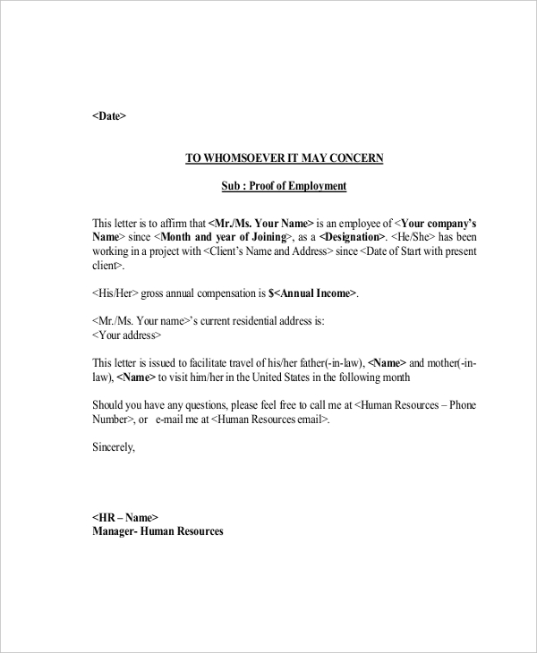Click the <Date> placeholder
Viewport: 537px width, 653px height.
109,116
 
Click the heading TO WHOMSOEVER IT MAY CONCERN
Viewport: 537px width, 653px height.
284,158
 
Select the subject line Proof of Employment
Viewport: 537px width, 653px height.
284,186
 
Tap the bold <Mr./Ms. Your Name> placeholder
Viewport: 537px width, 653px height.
260,223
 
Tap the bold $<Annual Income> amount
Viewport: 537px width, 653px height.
313,293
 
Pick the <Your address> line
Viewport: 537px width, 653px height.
127,335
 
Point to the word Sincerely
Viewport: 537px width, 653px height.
114,447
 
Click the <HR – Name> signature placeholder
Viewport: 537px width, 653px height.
125,517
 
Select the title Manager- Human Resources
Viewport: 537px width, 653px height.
158,531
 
